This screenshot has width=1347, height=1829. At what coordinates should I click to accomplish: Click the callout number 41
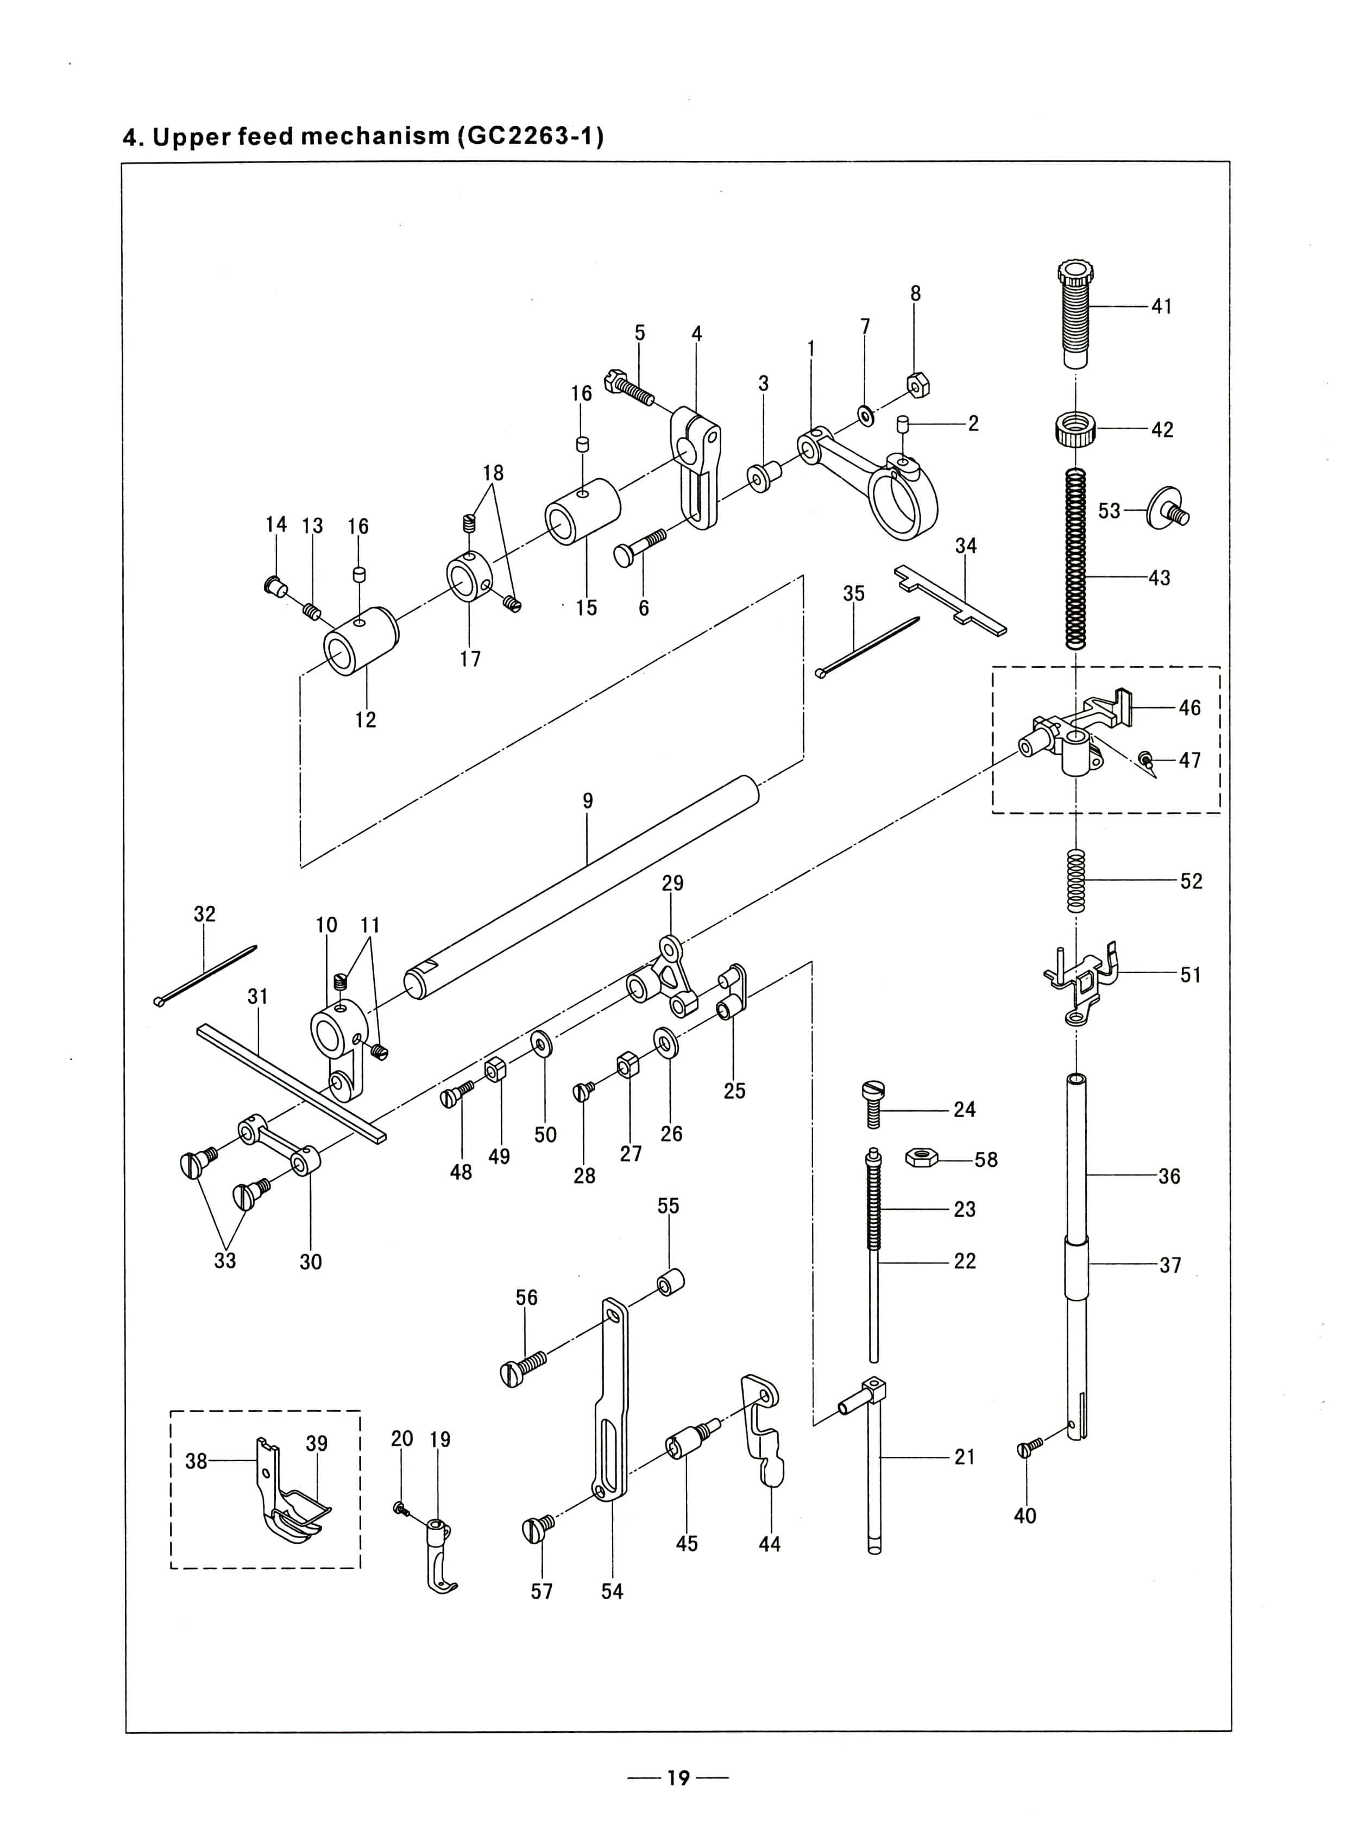(1161, 307)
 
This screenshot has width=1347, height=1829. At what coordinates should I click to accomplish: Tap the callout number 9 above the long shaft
(588, 801)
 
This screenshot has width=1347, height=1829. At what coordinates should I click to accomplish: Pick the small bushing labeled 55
(670, 1282)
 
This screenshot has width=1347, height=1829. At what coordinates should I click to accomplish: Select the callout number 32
(205, 913)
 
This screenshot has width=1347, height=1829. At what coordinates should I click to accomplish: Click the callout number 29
(672, 882)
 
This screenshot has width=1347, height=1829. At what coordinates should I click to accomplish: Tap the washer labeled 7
(865, 415)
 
